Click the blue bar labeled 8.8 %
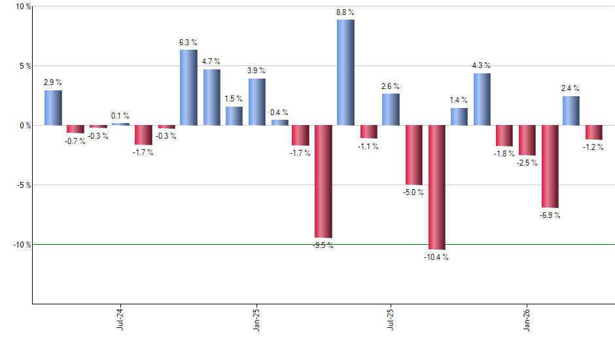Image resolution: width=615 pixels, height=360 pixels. [345, 72]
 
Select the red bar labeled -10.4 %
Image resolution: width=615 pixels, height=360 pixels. [436, 187]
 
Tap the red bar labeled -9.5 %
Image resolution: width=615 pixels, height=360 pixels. [323, 181]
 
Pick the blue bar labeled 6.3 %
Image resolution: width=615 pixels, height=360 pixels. [188, 87]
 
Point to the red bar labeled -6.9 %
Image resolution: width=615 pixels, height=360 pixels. [550, 166]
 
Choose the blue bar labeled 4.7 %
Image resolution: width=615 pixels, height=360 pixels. [211, 97]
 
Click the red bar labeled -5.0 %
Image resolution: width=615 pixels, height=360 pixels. [413, 154]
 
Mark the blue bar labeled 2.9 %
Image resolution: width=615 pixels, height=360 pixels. [53, 107]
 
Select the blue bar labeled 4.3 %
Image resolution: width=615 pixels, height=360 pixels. [482, 99]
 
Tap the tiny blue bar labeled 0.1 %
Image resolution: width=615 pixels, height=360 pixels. [120, 124]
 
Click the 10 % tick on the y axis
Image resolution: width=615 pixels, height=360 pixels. [24, 7]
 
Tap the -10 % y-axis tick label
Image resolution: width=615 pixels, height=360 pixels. [22, 244]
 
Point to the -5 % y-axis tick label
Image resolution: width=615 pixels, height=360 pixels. [24, 185]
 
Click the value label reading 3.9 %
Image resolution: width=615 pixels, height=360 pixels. [256, 70]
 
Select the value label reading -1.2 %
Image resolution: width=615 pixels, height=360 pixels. [594, 147]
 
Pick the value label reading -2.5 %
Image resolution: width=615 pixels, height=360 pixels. [527, 163]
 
